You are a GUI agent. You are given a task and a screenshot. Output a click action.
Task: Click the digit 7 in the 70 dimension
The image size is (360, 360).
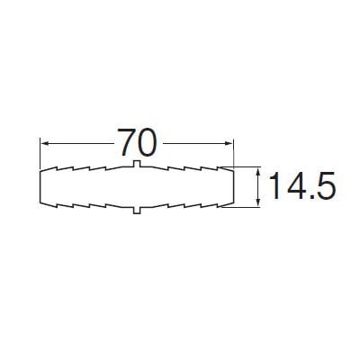127,142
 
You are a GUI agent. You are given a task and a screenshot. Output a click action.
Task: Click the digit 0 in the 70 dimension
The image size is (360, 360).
148,142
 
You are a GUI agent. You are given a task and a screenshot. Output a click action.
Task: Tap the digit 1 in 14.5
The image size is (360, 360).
276,185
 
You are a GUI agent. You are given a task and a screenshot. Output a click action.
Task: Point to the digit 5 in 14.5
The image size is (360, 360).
325,186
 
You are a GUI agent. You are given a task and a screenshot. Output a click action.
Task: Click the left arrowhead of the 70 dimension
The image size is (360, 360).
45,144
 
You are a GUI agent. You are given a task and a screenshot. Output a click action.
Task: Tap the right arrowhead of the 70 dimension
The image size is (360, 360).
229,144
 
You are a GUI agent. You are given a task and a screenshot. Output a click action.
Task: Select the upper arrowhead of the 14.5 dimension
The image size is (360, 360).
258,172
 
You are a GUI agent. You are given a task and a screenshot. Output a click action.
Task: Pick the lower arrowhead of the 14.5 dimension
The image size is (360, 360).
258,202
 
